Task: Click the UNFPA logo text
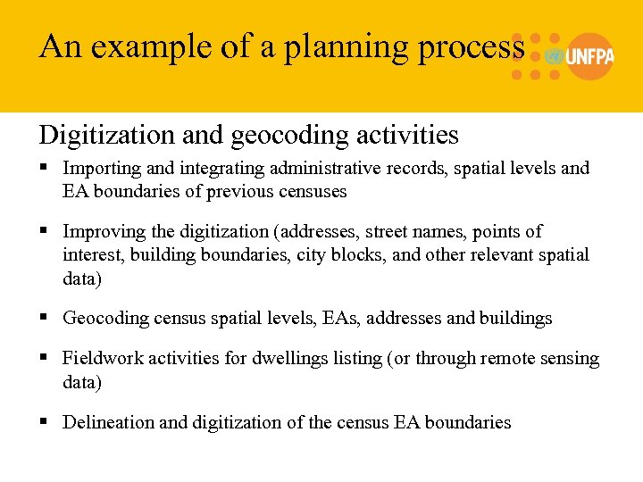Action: pos(589,56)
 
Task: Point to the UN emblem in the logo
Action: pos(555,56)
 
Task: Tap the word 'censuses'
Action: pos(313,191)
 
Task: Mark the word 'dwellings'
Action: pos(299,359)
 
